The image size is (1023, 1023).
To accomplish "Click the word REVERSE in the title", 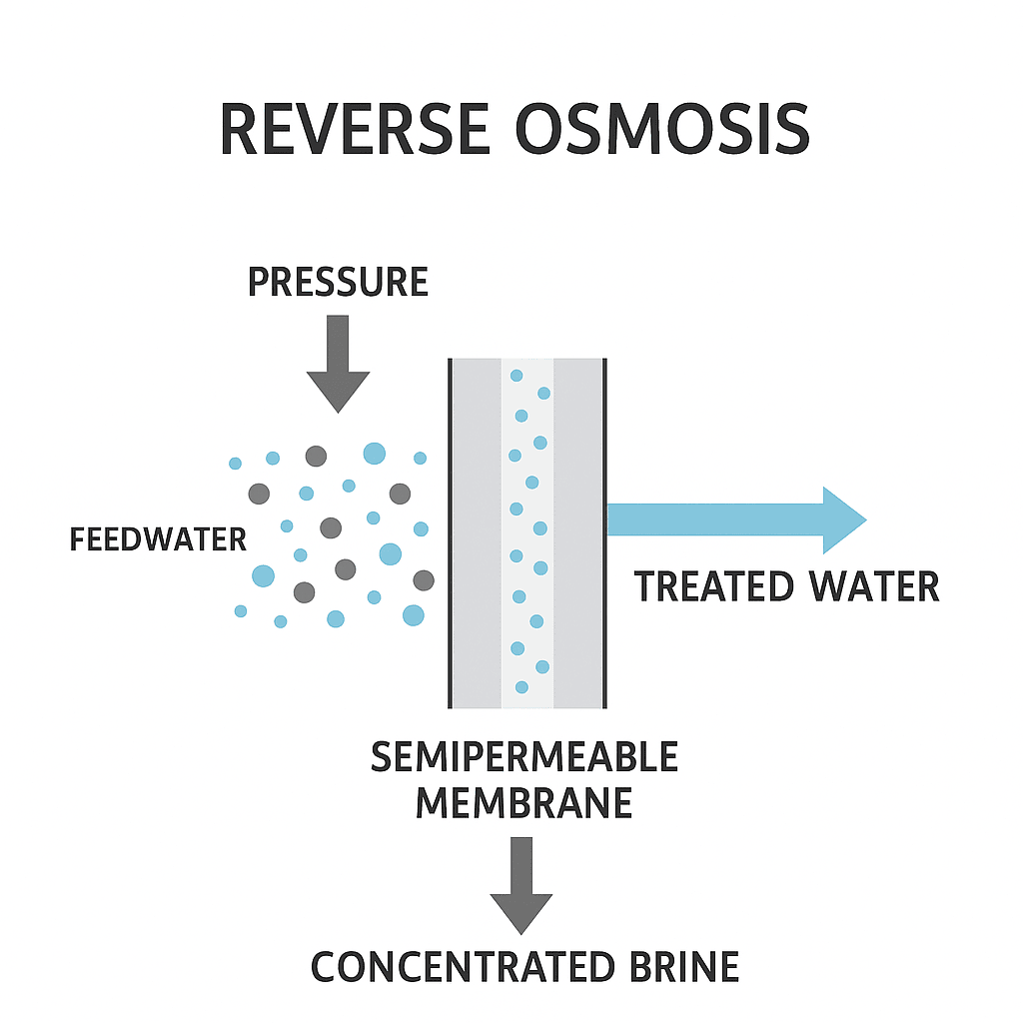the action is tap(355, 129).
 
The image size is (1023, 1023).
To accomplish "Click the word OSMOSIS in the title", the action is tap(663, 129).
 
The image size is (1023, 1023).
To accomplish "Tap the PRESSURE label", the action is tap(338, 282).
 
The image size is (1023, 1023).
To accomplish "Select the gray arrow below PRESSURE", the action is tap(338, 364).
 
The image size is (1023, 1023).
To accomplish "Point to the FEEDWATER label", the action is tap(158, 540).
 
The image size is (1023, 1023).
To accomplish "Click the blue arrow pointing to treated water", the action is tap(737, 519).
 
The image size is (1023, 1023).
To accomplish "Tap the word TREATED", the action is tap(713, 585).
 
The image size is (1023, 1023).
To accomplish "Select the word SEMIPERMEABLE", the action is tap(524, 757).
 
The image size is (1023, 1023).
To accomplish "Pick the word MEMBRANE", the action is tap(524, 802).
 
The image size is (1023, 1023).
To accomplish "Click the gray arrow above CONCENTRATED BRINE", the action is tap(521, 886).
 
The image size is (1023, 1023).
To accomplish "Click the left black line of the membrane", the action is tap(450, 533).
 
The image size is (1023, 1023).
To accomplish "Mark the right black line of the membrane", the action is tap(604, 533).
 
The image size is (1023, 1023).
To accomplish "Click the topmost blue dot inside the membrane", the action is tap(516, 376).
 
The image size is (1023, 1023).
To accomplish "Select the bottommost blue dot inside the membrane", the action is tap(521, 687).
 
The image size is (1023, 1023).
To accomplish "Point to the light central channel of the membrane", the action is tap(527, 533).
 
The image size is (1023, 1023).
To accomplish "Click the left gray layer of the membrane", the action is tap(477, 533).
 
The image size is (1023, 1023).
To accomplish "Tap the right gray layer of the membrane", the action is tap(578, 533).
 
